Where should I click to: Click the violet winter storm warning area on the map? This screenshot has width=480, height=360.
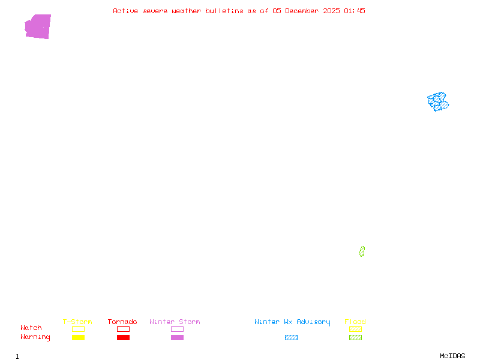click(x=38, y=27)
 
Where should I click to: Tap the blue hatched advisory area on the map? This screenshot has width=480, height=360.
click(x=437, y=101)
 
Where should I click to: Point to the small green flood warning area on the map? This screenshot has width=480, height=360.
click(x=362, y=251)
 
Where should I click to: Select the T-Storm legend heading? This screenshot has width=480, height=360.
click(x=77, y=322)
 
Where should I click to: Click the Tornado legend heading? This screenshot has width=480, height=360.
click(x=122, y=322)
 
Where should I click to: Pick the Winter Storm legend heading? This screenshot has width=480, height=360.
click(x=175, y=322)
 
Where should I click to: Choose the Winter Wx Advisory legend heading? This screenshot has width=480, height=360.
click(x=292, y=322)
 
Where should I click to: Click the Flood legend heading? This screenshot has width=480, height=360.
click(x=355, y=322)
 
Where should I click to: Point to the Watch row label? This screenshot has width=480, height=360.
click(x=31, y=328)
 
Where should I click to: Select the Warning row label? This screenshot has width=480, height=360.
click(x=35, y=337)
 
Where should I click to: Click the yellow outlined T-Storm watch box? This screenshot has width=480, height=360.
click(x=78, y=329)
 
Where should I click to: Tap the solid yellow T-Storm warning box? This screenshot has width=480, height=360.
click(x=78, y=337)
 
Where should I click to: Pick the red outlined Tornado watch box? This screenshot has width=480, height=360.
click(x=123, y=329)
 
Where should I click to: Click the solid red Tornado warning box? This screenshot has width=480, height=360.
click(x=123, y=337)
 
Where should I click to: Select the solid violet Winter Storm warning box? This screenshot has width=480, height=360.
click(x=177, y=337)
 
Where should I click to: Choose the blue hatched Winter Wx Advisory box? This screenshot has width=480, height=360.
click(x=291, y=337)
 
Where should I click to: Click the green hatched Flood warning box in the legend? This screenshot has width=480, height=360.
click(x=355, y=337)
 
